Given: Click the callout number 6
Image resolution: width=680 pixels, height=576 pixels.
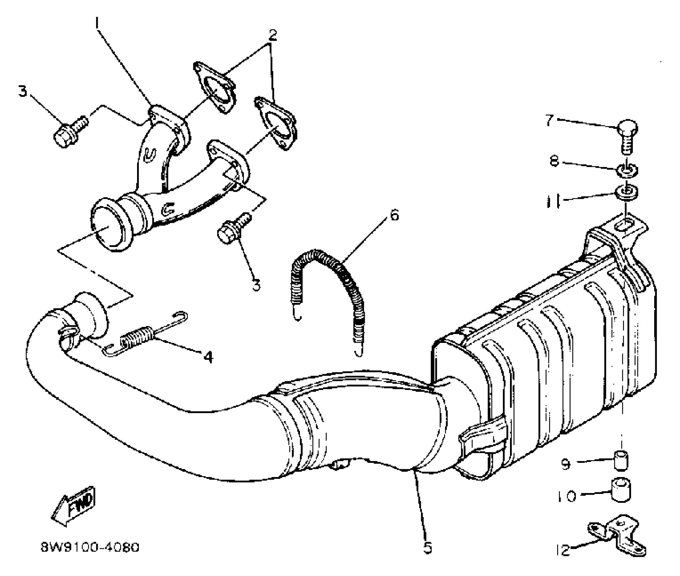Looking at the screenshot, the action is pyautogui.click(x=394, y=215).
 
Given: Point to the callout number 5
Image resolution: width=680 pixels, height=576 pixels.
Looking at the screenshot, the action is pyautogui.click(x=428, y=548).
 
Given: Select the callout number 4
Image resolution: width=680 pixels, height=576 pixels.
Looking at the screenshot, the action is pyautogui.click(x=208, y=356).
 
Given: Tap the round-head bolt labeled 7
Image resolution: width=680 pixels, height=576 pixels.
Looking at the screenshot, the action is pyautogui.click(x=627, y=135).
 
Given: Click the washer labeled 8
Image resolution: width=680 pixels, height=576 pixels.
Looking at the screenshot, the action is pyautogui.click(x=627, y=170).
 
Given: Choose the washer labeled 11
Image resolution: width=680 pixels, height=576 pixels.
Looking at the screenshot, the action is pyautogui.click(x=627, y=193).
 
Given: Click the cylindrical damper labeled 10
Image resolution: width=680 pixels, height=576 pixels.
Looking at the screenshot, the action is pyautogui.click(x=621, y=489).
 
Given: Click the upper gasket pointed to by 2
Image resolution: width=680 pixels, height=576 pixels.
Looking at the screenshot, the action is pyautogui.click(x=215, y=87).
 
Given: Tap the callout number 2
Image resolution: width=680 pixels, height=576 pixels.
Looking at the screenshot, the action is pyautogui.click(x=273, y=35).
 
